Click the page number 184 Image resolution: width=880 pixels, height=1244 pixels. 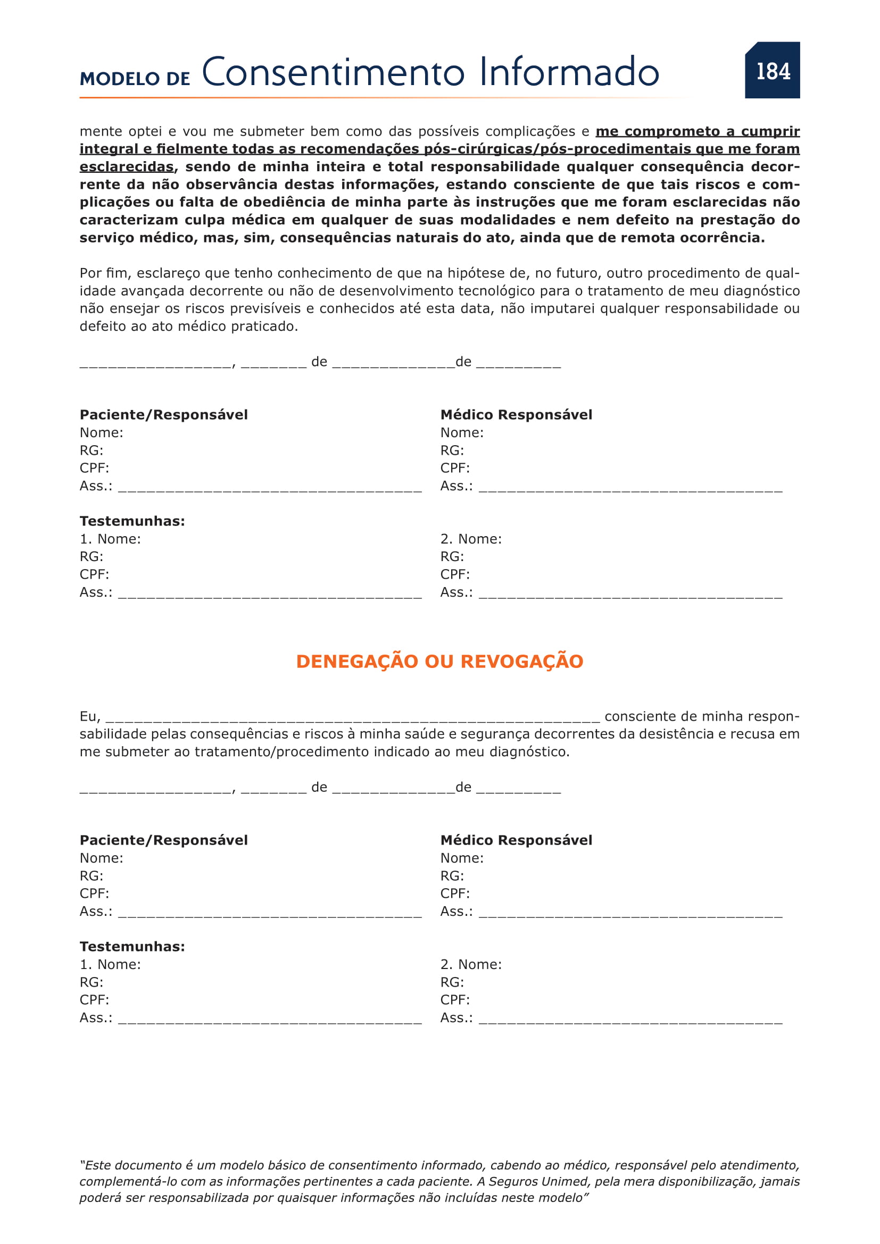[x=773, y=71]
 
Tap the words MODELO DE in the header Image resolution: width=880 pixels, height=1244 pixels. [x=135, y=79]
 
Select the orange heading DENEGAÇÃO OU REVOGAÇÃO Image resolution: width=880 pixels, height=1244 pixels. [x=439, y=662]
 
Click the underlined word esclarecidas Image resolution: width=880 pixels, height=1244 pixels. [x=127, y=166]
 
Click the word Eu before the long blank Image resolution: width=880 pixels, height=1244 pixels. [x=89, y=716]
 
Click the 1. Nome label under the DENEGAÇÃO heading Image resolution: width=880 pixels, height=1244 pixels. [x=110, y=964]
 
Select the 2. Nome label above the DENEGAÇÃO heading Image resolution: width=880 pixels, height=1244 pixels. [x=471, y=539]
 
